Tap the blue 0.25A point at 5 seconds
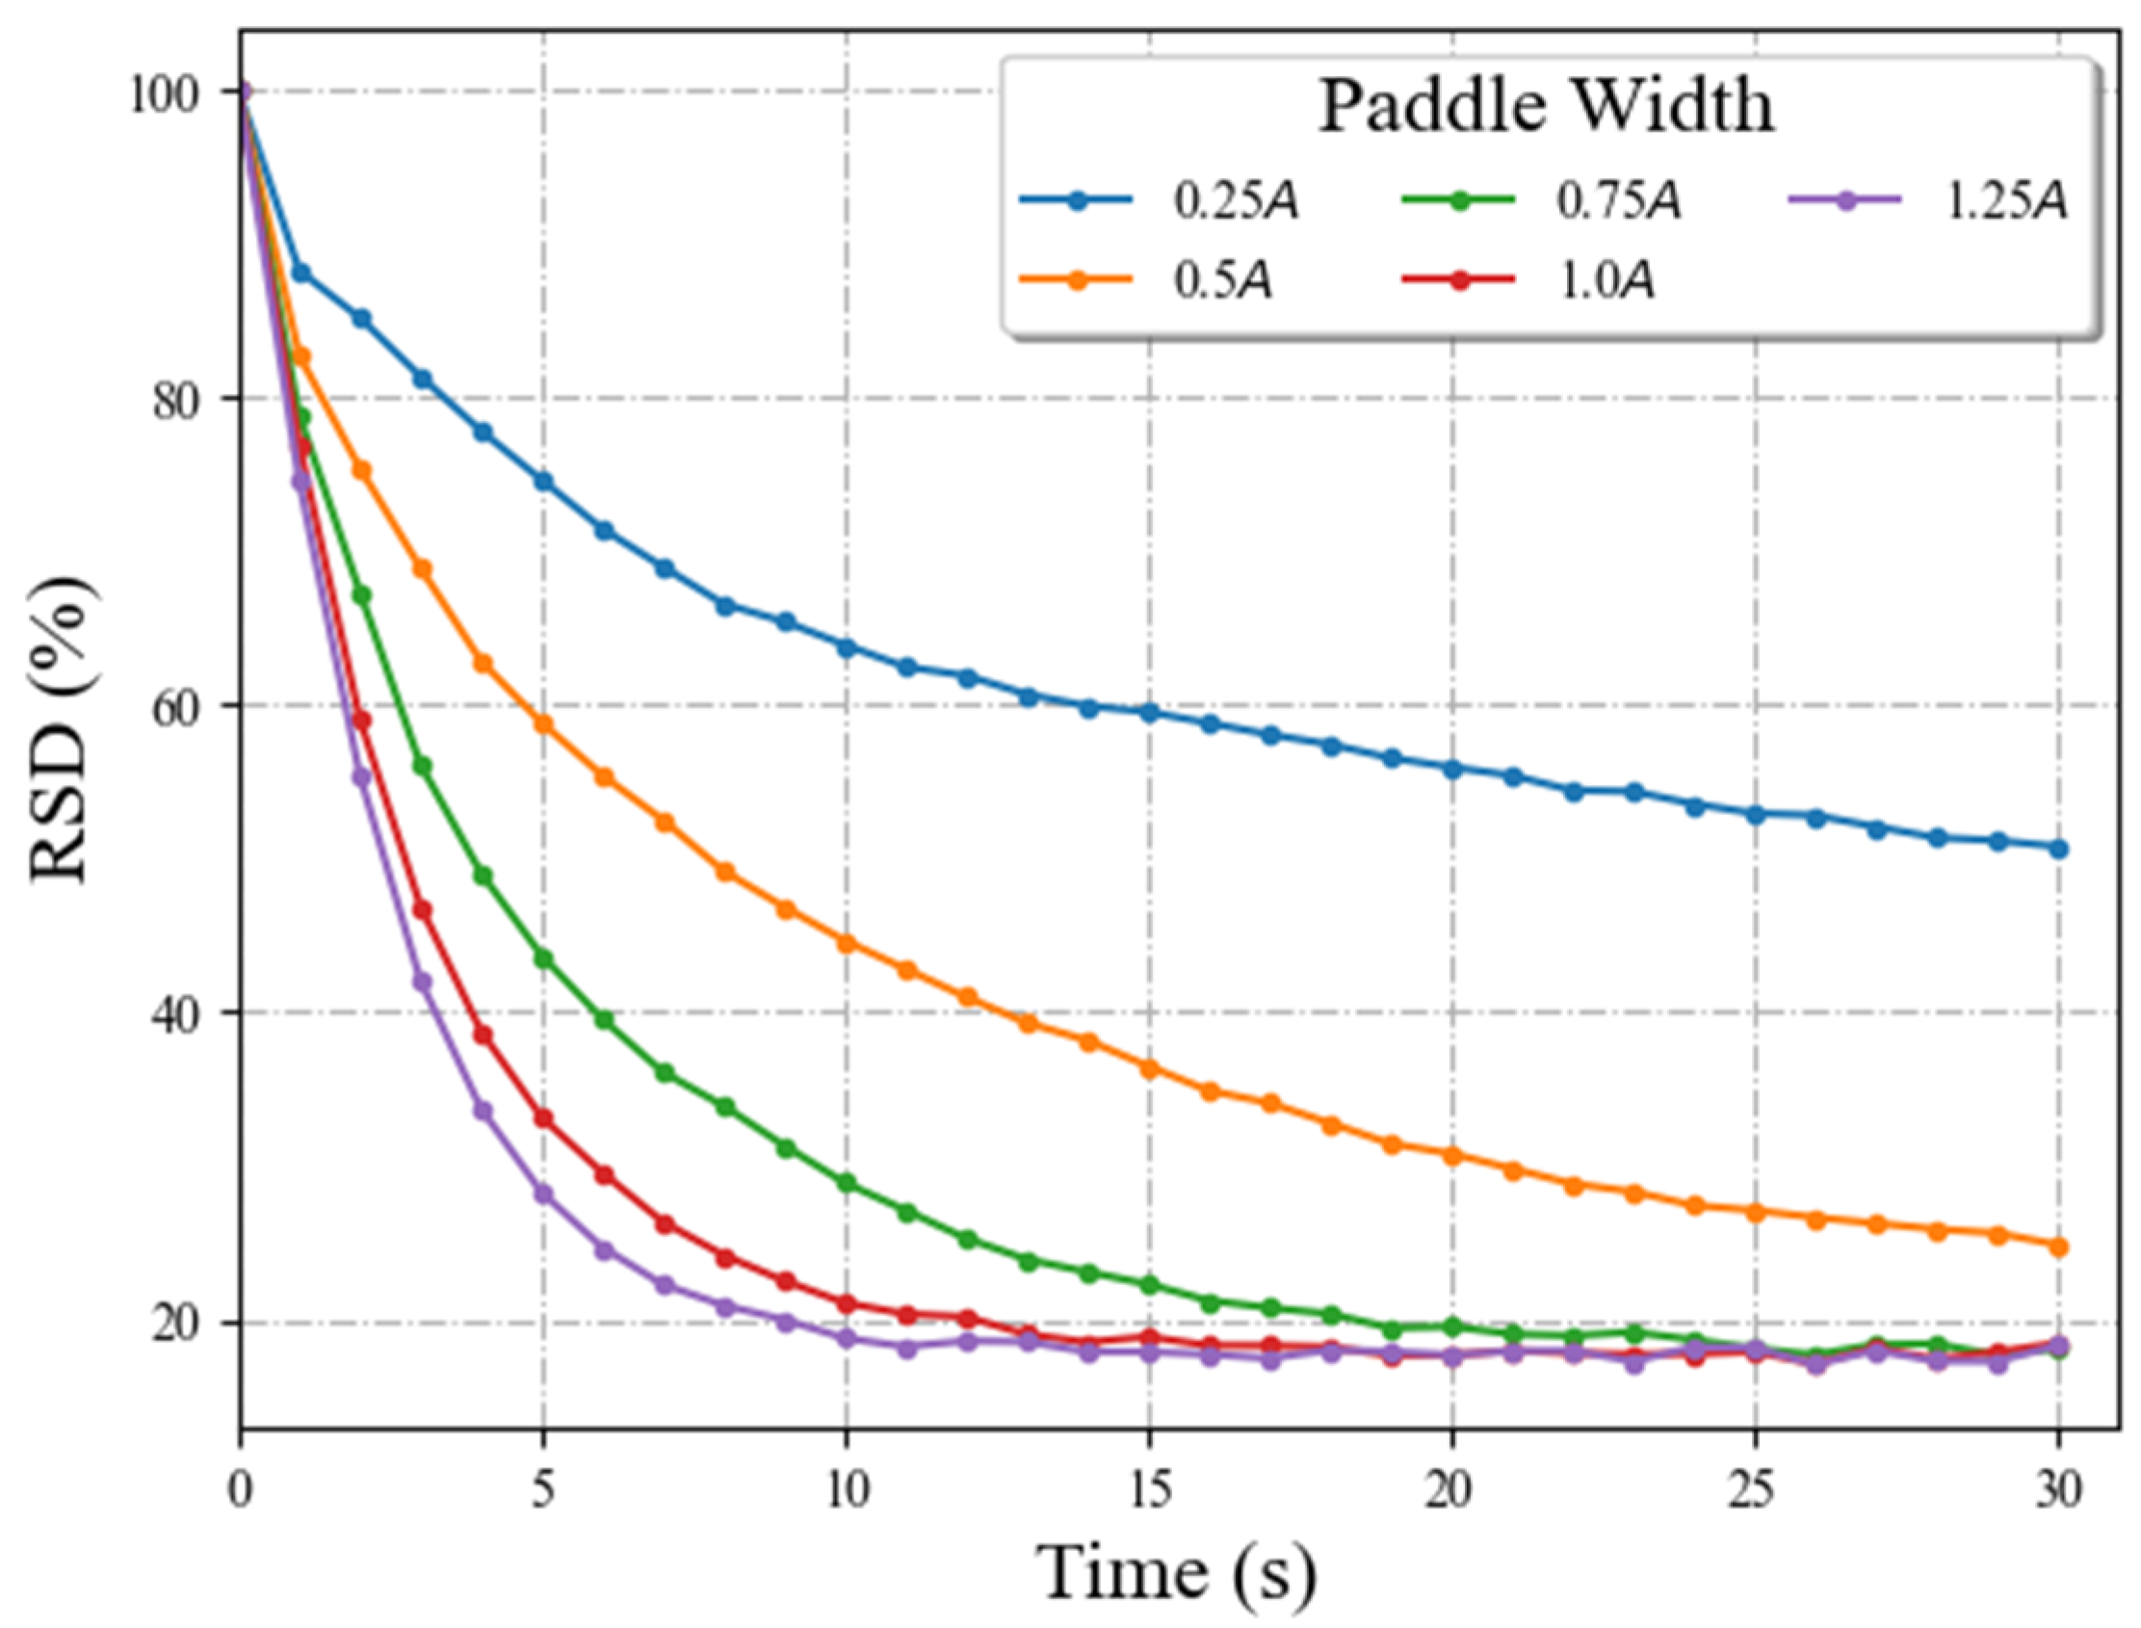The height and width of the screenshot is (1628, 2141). [x=543, y=482]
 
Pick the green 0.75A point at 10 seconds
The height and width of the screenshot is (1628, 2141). [x=847, y=1183]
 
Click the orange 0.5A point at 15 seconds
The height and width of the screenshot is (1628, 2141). [x=1150, y=1069]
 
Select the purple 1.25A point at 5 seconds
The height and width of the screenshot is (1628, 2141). [x=543, y=1195]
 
